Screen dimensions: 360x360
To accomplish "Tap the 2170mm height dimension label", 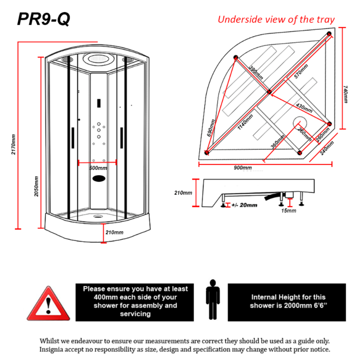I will (x=13, y=144).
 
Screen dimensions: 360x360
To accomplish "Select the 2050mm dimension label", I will (x=36, y=186).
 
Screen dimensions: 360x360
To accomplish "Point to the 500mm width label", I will (x=98, y=168).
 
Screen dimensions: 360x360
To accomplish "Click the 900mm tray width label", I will (x=243, y=168).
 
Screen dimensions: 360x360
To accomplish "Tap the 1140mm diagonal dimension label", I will (x=245, y=122).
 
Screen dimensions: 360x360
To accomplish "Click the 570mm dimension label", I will (x=301, y=72).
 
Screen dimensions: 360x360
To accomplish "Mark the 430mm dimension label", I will (x=304, y=108).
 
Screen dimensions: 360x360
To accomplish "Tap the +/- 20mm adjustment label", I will (x=244, y=205).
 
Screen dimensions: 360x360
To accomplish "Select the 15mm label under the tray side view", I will (x=289, y=211).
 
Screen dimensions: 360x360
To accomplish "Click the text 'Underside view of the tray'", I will (x=276, y=19).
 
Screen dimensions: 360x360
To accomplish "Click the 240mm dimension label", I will (x=327, y=148).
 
